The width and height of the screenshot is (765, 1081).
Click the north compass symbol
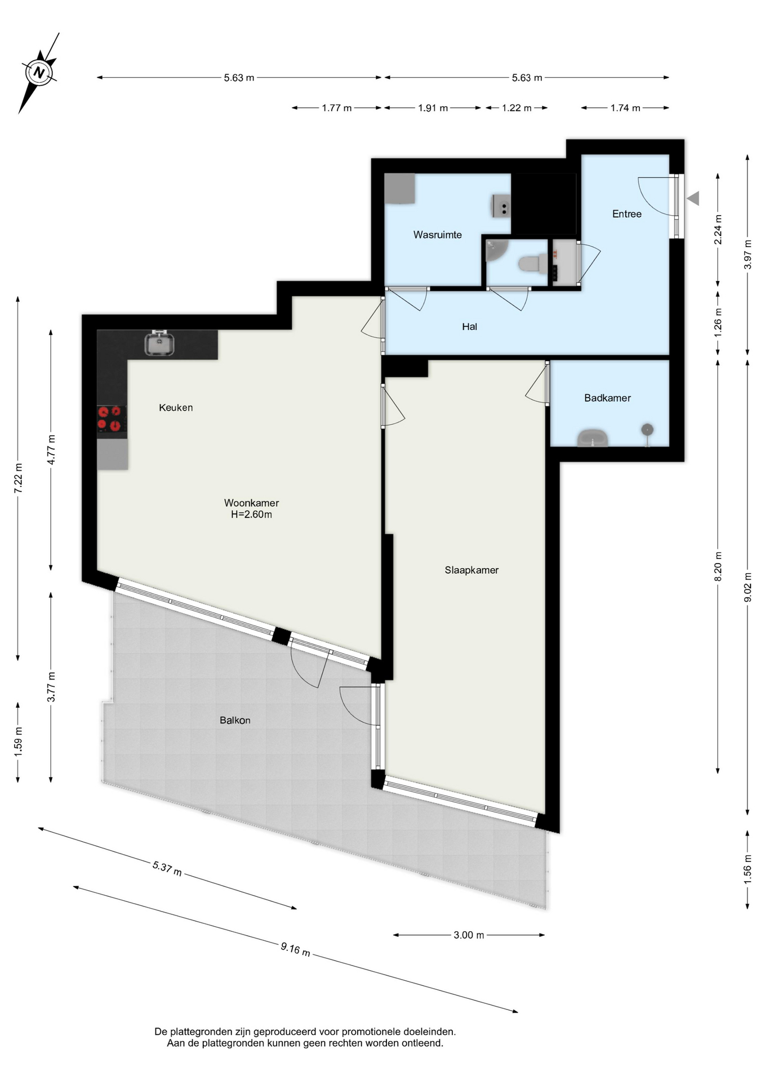point(39,73)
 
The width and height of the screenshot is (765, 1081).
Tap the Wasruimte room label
point(437,235)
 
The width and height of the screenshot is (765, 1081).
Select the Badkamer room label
point(607,398)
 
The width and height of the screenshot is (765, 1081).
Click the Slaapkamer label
point(472,570)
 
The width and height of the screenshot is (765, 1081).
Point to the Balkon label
point(235,720)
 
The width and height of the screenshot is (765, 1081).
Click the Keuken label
point(176,408)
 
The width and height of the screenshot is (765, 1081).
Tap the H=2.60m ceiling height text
point(251,515)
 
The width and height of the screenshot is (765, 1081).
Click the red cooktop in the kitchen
point(111,419)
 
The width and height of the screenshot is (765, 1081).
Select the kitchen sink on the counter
point(159,343)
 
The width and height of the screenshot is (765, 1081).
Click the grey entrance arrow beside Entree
point(693,198)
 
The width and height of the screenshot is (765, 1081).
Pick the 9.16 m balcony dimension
point(295,949)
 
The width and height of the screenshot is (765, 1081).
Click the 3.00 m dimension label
point(469,935)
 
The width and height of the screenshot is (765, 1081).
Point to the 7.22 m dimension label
point(19,479)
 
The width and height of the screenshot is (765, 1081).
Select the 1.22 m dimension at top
point(517,108)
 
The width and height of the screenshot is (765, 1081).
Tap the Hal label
point(469,327)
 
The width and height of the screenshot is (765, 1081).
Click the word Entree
point(626,214)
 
